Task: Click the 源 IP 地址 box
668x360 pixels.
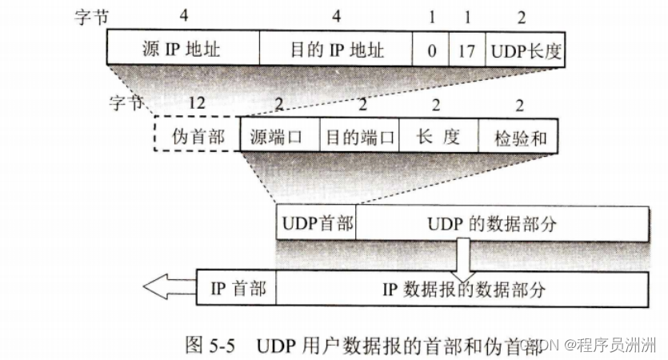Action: point(183,50)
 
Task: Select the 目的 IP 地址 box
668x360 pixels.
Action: point(336,50)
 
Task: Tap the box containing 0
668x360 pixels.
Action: point(431,50)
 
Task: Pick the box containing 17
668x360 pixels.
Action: point(467,50)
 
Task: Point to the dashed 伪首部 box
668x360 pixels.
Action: point(197,137)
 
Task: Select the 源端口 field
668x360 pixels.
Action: point(280,137)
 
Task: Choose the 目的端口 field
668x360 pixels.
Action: point(358,137)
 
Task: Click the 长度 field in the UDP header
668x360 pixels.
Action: point(438,137)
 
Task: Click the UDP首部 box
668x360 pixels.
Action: point(316,223)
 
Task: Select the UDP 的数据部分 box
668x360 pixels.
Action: point(502,223)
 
